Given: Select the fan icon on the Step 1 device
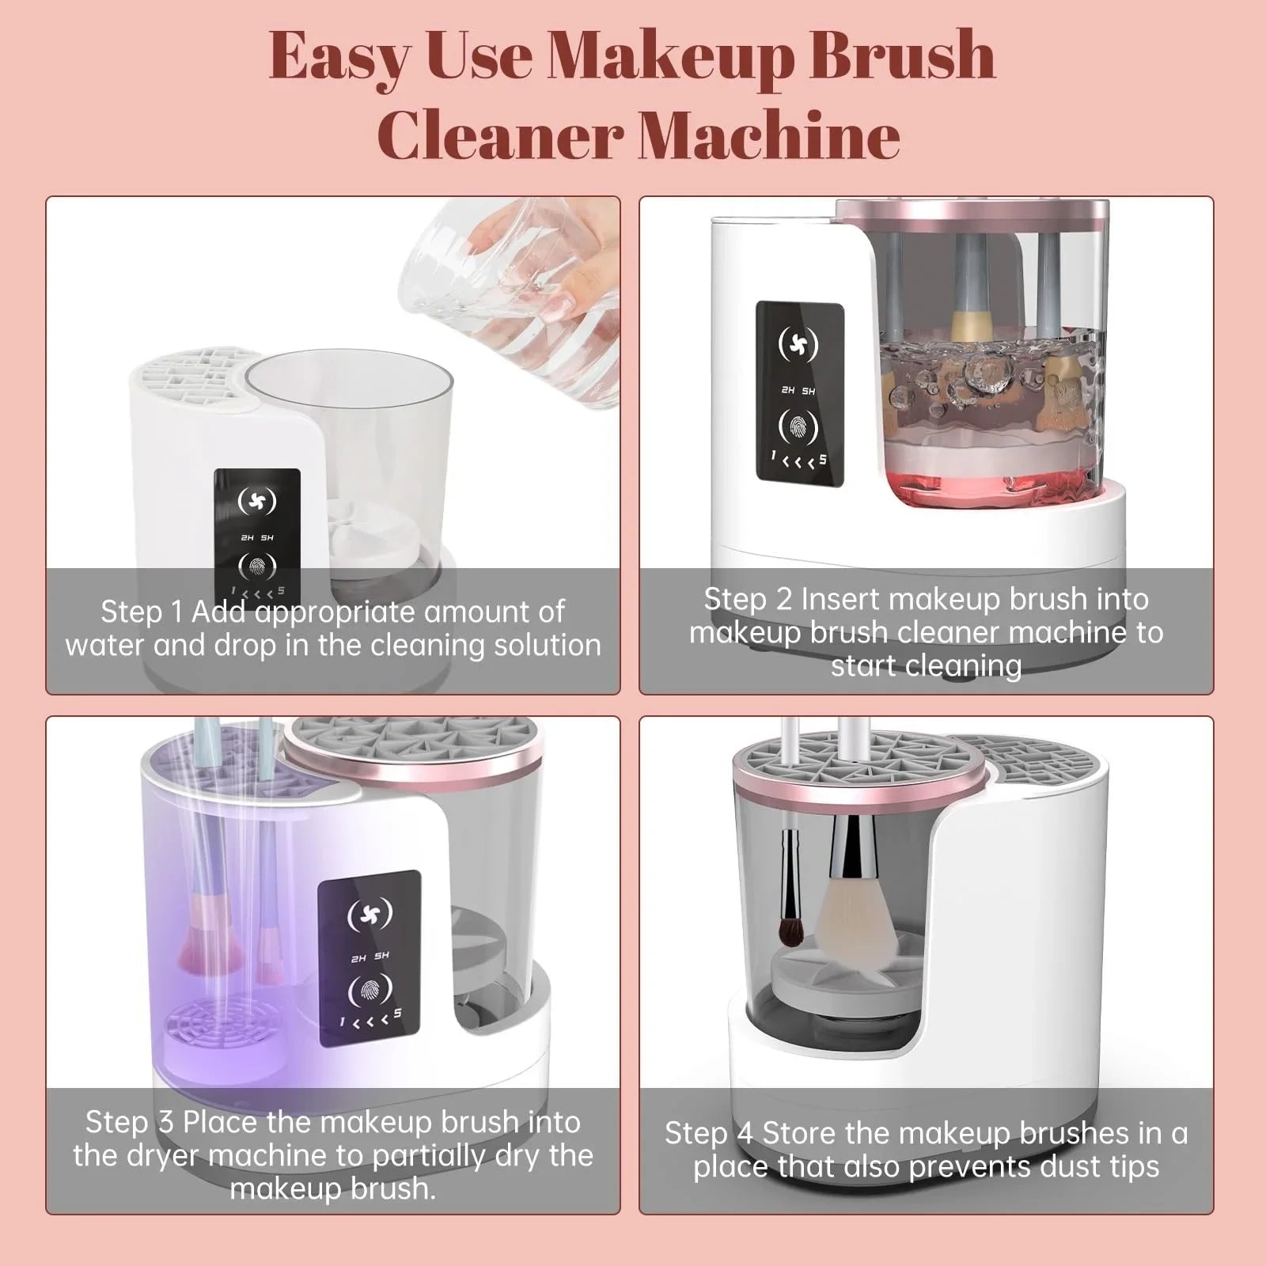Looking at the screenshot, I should (x=257, y=501).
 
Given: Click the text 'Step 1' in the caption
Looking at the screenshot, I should (x=142, y=612).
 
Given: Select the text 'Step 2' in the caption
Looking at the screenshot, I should (x=748, y=599).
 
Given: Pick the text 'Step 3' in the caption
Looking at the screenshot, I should (x=129, y=1121).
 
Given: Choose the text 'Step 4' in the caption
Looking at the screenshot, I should (x=708, y=1133).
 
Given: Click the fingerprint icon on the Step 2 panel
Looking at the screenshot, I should (x=798, y=426).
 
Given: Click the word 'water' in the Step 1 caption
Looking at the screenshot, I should (x=105, y=646).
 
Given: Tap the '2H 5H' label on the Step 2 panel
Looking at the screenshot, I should (x=798, y=390).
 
